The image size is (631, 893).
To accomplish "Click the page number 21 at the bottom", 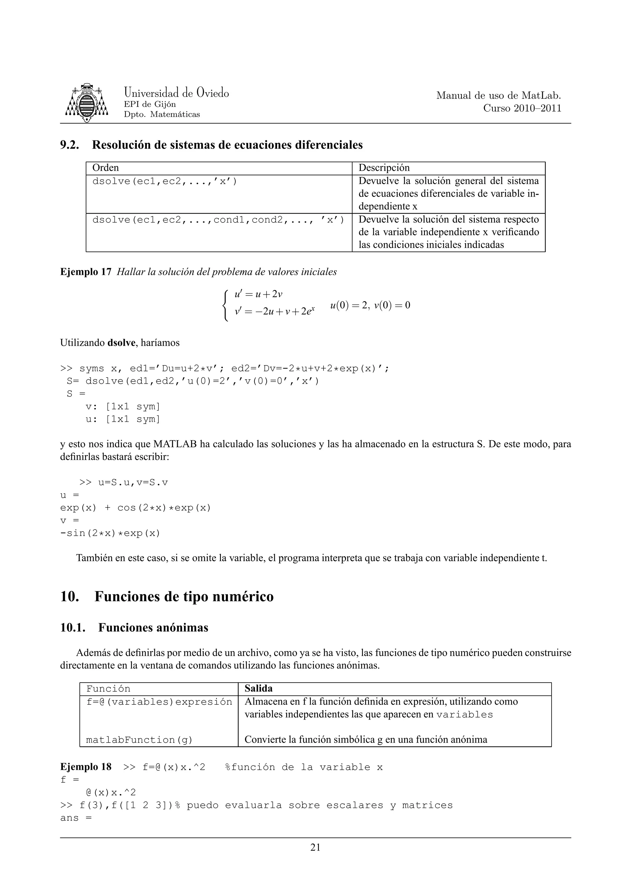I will click(315, 847).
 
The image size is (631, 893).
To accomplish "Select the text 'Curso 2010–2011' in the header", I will click(522, 108).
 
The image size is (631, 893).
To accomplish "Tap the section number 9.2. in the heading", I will click(70, 145).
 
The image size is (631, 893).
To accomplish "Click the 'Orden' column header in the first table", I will click(105, 168).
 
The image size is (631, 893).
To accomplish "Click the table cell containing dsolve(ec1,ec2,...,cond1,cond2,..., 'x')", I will click(218, 220).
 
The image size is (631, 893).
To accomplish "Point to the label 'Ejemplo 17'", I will click(86, 272).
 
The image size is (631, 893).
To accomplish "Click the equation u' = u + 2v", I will click(258, 294).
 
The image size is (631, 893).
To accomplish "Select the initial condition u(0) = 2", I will click(349, 305).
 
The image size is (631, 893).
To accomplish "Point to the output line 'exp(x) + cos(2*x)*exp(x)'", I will click(135, 508).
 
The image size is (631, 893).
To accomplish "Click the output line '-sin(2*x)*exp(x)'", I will click(110, 533).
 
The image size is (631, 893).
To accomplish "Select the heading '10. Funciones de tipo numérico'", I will click(167, 596).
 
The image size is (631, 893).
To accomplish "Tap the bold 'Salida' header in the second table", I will click(259, 688).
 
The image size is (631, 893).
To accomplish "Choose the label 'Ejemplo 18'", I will click(86, 767).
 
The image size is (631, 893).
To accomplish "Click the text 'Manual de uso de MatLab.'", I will click(499, 96).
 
